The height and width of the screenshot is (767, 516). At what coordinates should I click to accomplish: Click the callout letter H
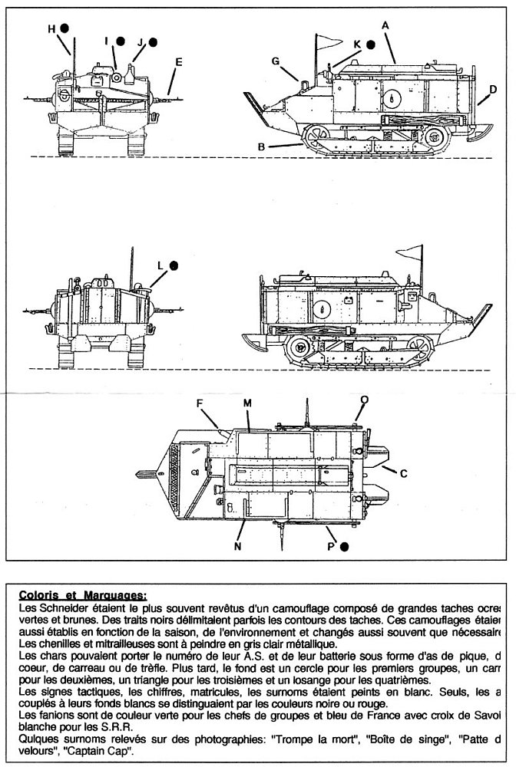point(51,28)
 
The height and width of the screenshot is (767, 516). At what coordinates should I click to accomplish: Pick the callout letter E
point(178,61)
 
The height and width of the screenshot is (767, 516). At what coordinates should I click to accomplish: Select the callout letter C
point(404,473)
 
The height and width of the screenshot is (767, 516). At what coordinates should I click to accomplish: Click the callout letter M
point(247,403)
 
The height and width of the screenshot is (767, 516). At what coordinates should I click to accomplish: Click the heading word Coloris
point(37,594)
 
